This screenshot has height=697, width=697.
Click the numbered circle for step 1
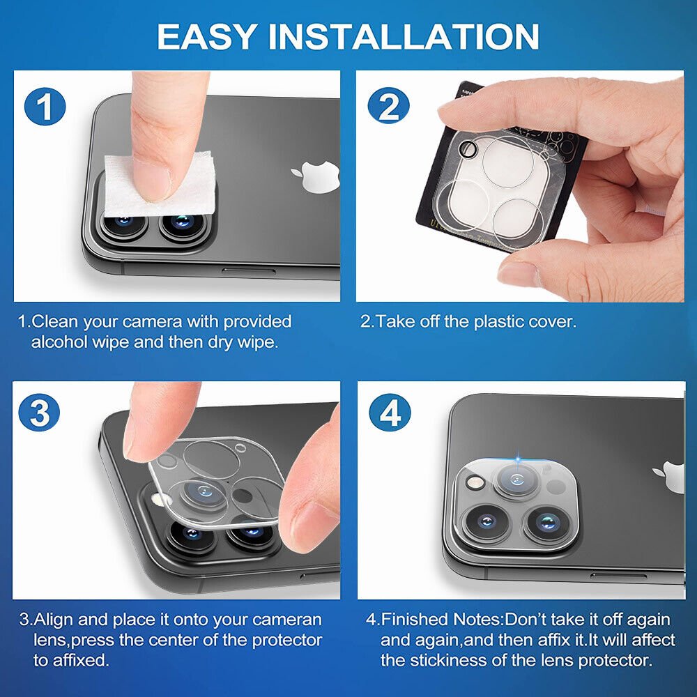point(45,107)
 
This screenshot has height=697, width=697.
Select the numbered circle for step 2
point(388,107)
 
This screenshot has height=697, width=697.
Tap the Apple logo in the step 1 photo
point(316,176)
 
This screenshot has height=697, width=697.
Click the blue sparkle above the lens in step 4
point(519,458)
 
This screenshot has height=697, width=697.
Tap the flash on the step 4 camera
point(475,482)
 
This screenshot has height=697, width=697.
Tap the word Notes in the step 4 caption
point(477,619)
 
